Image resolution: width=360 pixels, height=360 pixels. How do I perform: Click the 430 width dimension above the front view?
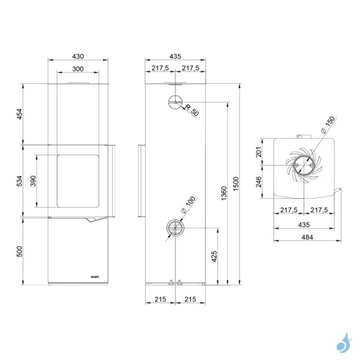point(78,56)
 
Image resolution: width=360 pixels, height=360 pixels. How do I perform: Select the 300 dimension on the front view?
point(78,68)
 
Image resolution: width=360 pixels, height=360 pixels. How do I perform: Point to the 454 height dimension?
point(19,114)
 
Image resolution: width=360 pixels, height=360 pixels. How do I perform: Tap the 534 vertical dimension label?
point(19,181)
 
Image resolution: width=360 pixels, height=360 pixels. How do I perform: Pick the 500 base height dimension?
point(19,251)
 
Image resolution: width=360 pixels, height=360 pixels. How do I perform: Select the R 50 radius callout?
point(192,111)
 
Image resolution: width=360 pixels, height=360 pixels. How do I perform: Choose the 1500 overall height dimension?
point(236,182)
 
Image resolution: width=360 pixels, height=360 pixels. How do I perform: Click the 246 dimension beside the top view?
point(259,182)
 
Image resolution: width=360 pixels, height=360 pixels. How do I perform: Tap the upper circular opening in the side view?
point(175,103)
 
